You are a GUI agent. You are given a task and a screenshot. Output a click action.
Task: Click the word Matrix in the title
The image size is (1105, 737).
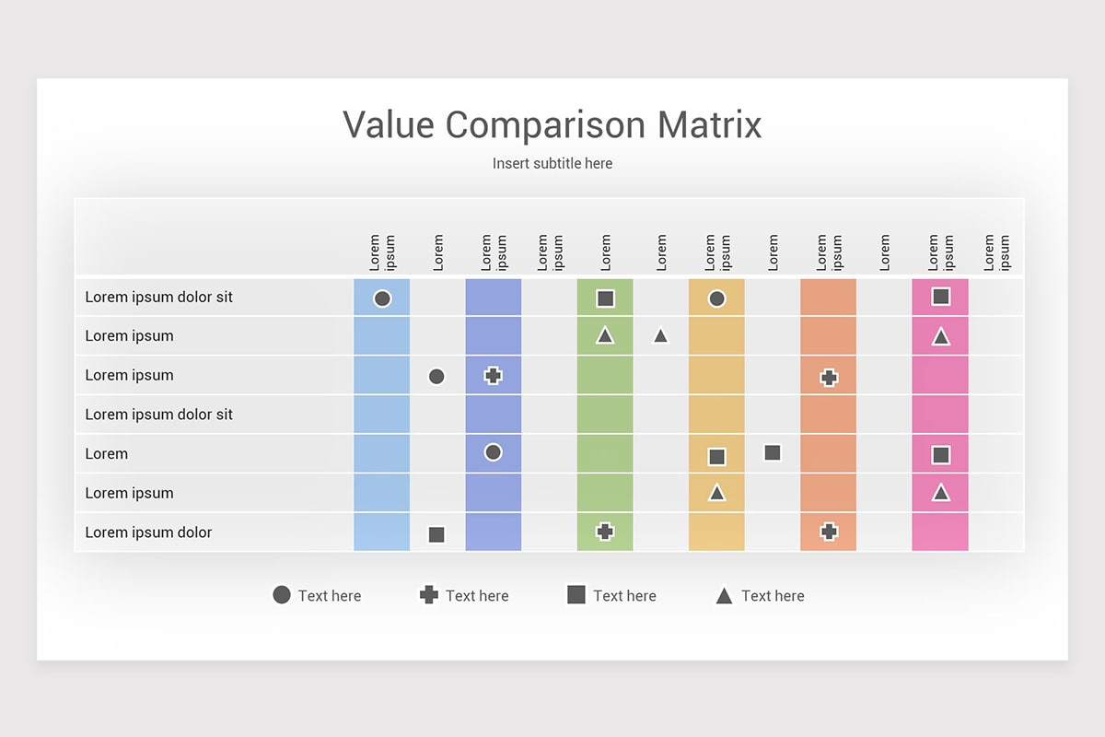click(x=709, y=125)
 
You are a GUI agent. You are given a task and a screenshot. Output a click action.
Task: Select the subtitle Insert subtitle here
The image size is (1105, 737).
click(x=552, y=163)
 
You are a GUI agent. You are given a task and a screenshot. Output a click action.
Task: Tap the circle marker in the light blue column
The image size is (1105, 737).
click(x=382, y=298)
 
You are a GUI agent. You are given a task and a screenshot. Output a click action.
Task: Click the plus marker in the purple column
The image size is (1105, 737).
click(x=493, y=376)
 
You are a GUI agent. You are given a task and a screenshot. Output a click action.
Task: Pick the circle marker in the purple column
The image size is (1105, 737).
click(x=493, y=452)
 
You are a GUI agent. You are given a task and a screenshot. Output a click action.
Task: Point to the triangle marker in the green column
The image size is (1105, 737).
click(x=605, y=336)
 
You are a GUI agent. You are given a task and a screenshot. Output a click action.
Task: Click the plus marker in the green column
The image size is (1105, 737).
click(x=605, y=532)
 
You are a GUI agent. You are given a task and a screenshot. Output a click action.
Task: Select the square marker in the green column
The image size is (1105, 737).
click(x=605, y=298)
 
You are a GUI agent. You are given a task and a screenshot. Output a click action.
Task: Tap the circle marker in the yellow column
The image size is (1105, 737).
click(x=716, y=298)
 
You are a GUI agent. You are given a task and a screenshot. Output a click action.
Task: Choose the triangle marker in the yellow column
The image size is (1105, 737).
click(x=716, y=493)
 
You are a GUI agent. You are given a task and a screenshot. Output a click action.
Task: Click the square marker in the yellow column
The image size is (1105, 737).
click(x=716, y=457)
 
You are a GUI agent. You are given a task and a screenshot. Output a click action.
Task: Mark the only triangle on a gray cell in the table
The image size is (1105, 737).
click(x=660, y=336)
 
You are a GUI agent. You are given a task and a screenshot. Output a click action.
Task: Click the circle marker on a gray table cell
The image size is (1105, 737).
click(x=436, y=377)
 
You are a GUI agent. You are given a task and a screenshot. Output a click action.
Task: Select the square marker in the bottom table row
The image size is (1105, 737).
click(x=436, y=534)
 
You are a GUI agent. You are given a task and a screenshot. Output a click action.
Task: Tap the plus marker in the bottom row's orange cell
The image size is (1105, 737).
click(x=829, y=532)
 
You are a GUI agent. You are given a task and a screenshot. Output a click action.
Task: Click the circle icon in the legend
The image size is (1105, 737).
click(x=282, y=595)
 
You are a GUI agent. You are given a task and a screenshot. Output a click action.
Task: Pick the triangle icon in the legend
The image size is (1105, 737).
click(x=724, y=595)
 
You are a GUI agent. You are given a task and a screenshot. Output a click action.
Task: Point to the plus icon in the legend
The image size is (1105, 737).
click(x=429, y=595)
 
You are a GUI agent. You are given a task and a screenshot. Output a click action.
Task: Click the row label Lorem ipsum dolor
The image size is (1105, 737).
click(x=148, y=532)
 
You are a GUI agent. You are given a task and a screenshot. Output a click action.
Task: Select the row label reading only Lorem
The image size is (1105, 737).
click(x=106, y=453)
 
